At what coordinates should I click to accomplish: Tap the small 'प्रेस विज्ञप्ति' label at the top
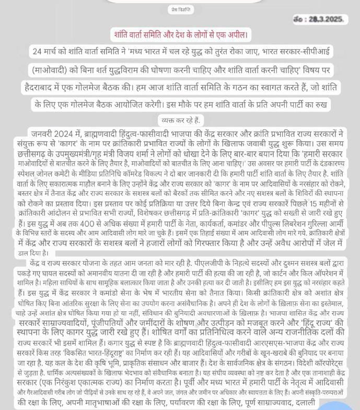tap(181, 9)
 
